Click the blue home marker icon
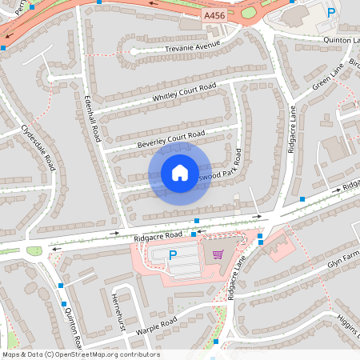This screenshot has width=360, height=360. click(179, 173)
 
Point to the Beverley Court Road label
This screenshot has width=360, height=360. click(170, 138)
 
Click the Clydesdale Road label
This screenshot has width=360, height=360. click(39, 147)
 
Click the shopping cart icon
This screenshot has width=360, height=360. click(218, 255)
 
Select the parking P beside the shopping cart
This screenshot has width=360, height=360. click(173, 255)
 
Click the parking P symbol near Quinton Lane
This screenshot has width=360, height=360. click(332, 12)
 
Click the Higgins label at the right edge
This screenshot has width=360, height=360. click(346, 321)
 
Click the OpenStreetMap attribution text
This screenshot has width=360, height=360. click(80, 354)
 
